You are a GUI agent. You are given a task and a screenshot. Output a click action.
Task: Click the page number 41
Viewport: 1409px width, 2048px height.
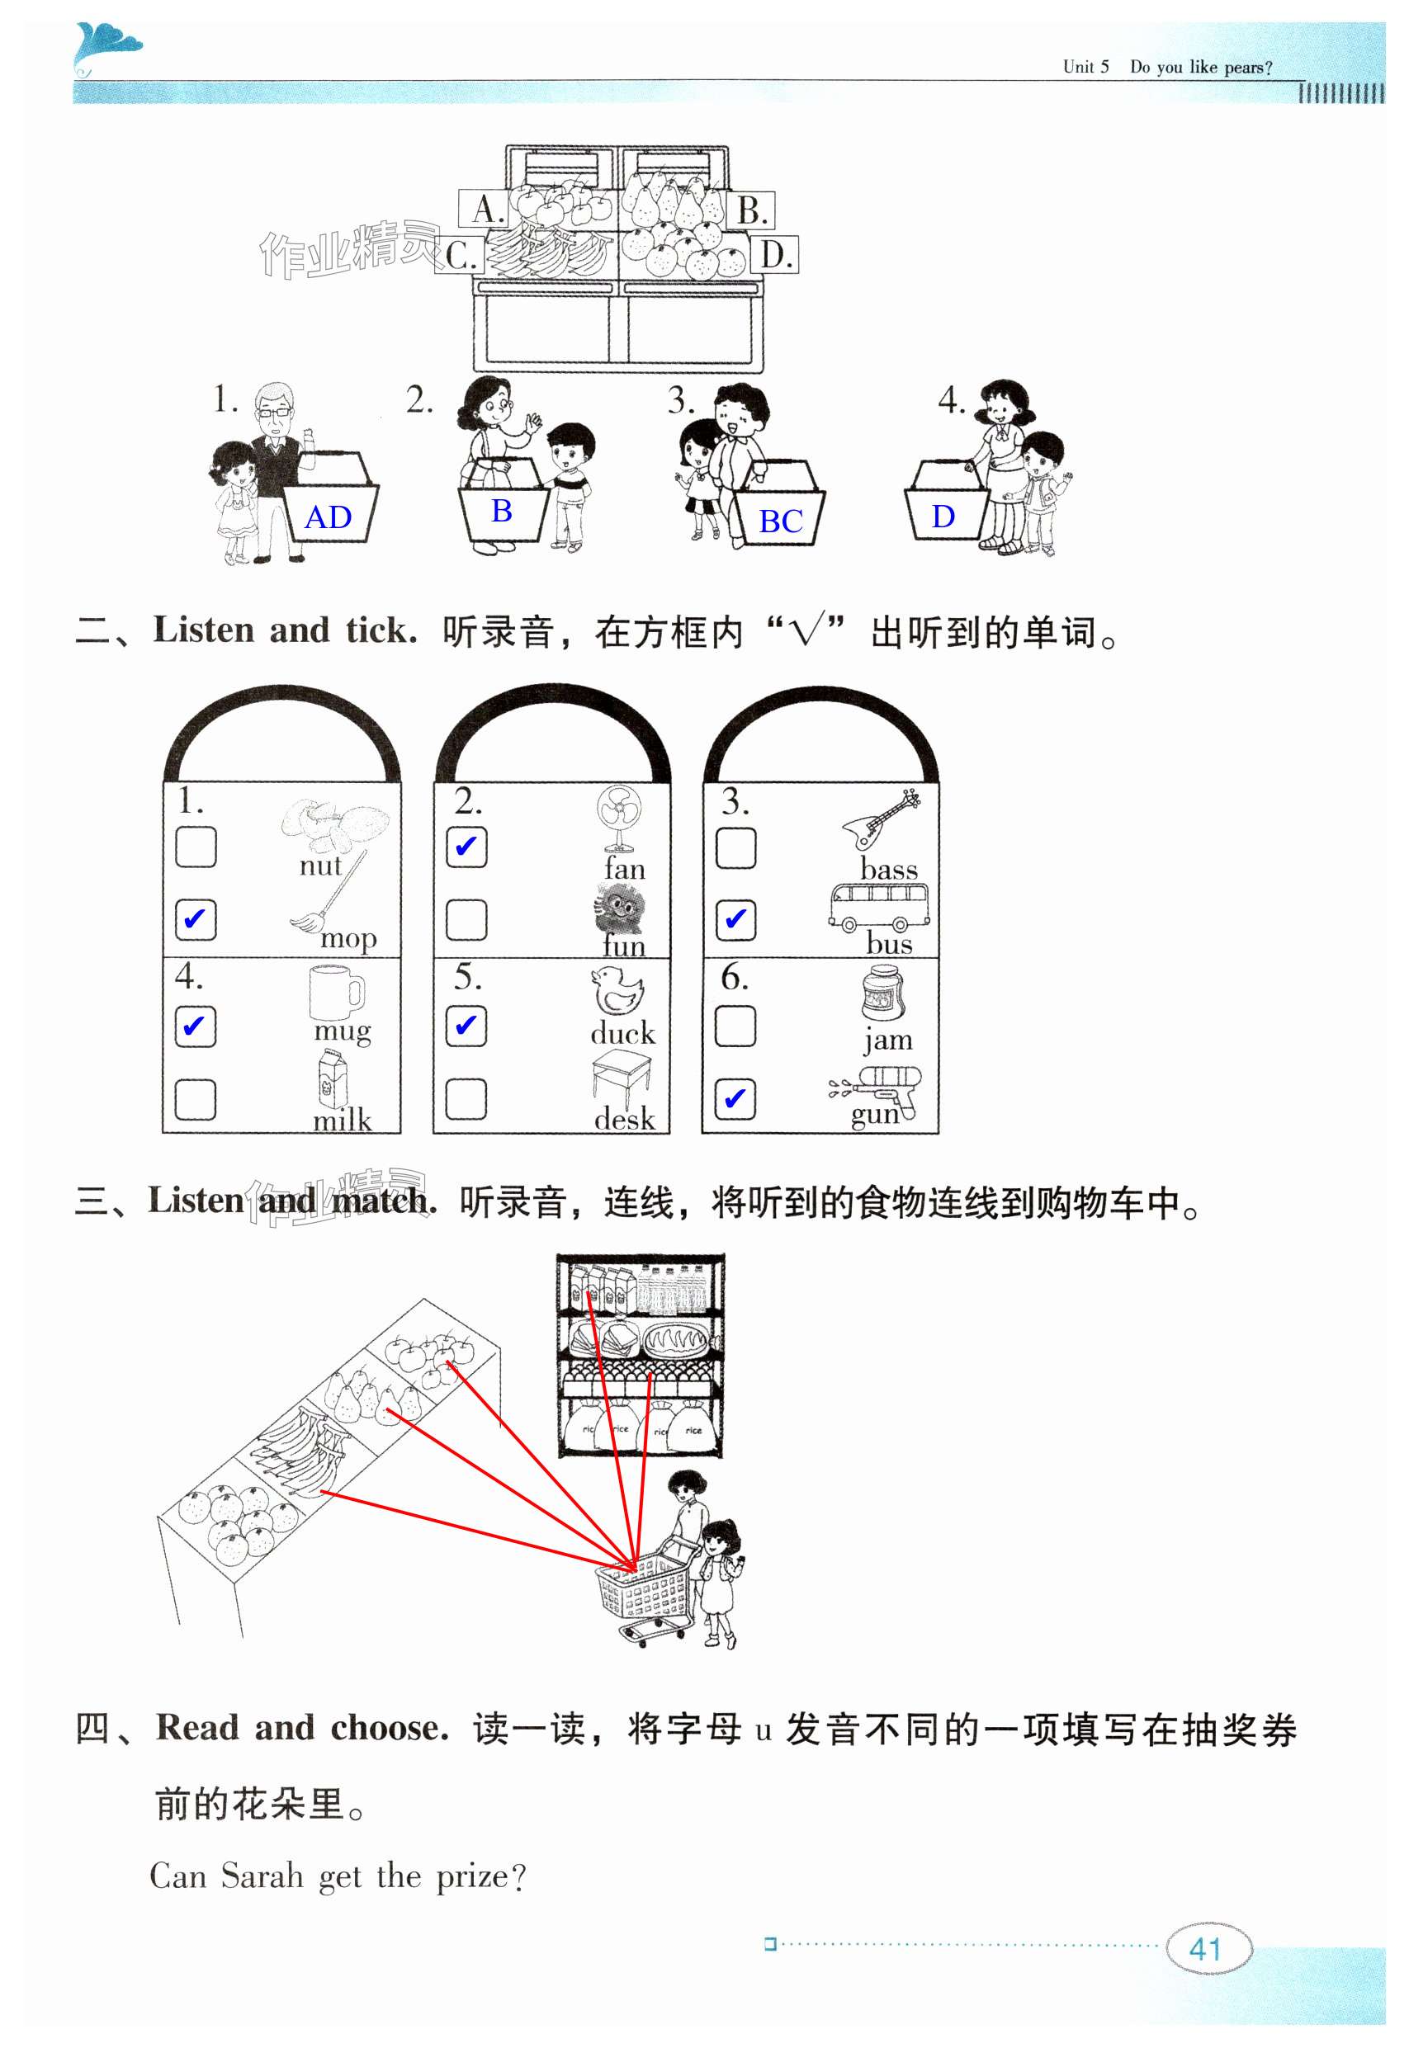click(x=1207, y=1947)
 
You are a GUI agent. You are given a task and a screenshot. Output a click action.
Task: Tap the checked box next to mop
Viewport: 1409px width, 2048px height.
click(x=195, y=919)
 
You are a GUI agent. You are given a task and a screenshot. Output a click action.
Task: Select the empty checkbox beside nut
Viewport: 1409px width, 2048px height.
click(x=195, y=847)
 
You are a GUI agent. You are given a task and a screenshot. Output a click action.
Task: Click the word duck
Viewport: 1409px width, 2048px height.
click(x=622, y=1033)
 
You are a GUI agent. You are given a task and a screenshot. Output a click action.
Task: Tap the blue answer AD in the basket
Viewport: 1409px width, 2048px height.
click(x=328, y=517)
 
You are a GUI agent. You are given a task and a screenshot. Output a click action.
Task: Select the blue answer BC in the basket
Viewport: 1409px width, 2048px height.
click(x=780, y=521)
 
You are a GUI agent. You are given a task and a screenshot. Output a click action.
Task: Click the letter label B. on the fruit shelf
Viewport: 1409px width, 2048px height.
click(x=751, y=210)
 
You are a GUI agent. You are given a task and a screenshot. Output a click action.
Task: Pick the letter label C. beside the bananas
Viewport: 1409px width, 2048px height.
click(x=461, y=256)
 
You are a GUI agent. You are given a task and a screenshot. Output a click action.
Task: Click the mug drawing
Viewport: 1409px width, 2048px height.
click(x=336, y=992)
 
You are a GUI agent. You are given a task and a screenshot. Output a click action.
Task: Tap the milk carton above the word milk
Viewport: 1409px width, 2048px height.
click(x=333, y=1078)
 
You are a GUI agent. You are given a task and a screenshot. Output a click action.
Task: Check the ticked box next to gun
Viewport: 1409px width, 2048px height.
click(x=735, y=1098)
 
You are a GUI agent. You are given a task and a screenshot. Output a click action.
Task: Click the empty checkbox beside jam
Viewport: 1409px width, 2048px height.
click(x=735, y=1026)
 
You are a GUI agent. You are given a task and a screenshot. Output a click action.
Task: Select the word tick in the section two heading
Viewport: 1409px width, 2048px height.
click(x=381, y=631)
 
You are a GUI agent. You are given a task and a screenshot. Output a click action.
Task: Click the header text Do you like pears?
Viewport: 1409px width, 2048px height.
click(x=1201, y=67)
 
